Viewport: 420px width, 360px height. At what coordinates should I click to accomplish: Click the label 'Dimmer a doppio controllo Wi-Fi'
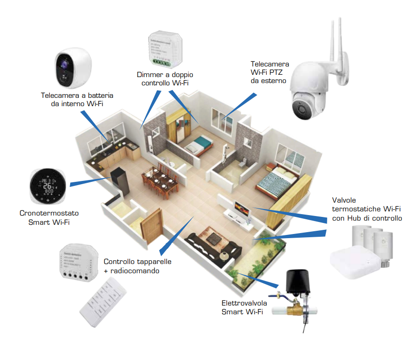[165, 78]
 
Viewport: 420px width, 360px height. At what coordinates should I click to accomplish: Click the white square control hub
[355, 263]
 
